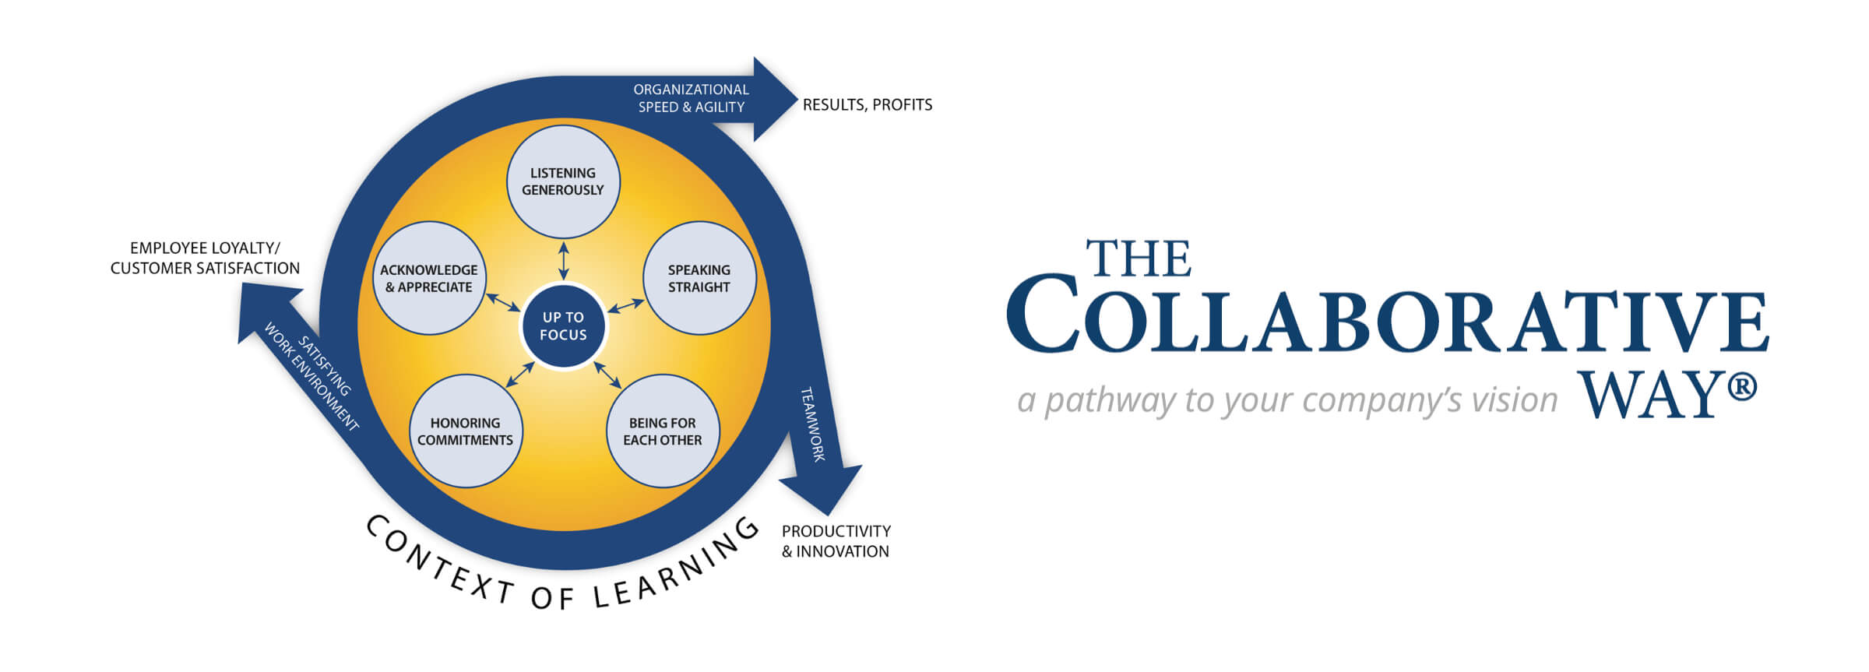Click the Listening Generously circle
coord(563,181)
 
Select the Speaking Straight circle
coord(699,278)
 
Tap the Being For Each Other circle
coord(663,431)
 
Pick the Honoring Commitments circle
coord(466,431)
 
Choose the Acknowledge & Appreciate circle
coord(429,278)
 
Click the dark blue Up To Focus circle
coord(563,326)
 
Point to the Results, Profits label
coord(867,105)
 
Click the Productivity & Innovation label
coord(836,541)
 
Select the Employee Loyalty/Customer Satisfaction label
coord(205,258)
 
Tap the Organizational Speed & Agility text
coord(691,99)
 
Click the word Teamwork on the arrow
coord(813,424)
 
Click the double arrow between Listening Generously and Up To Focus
coord(563,260)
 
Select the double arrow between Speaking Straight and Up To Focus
coord(625,306)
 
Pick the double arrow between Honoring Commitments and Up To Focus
coord(520,375)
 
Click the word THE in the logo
coord(1139,259)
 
